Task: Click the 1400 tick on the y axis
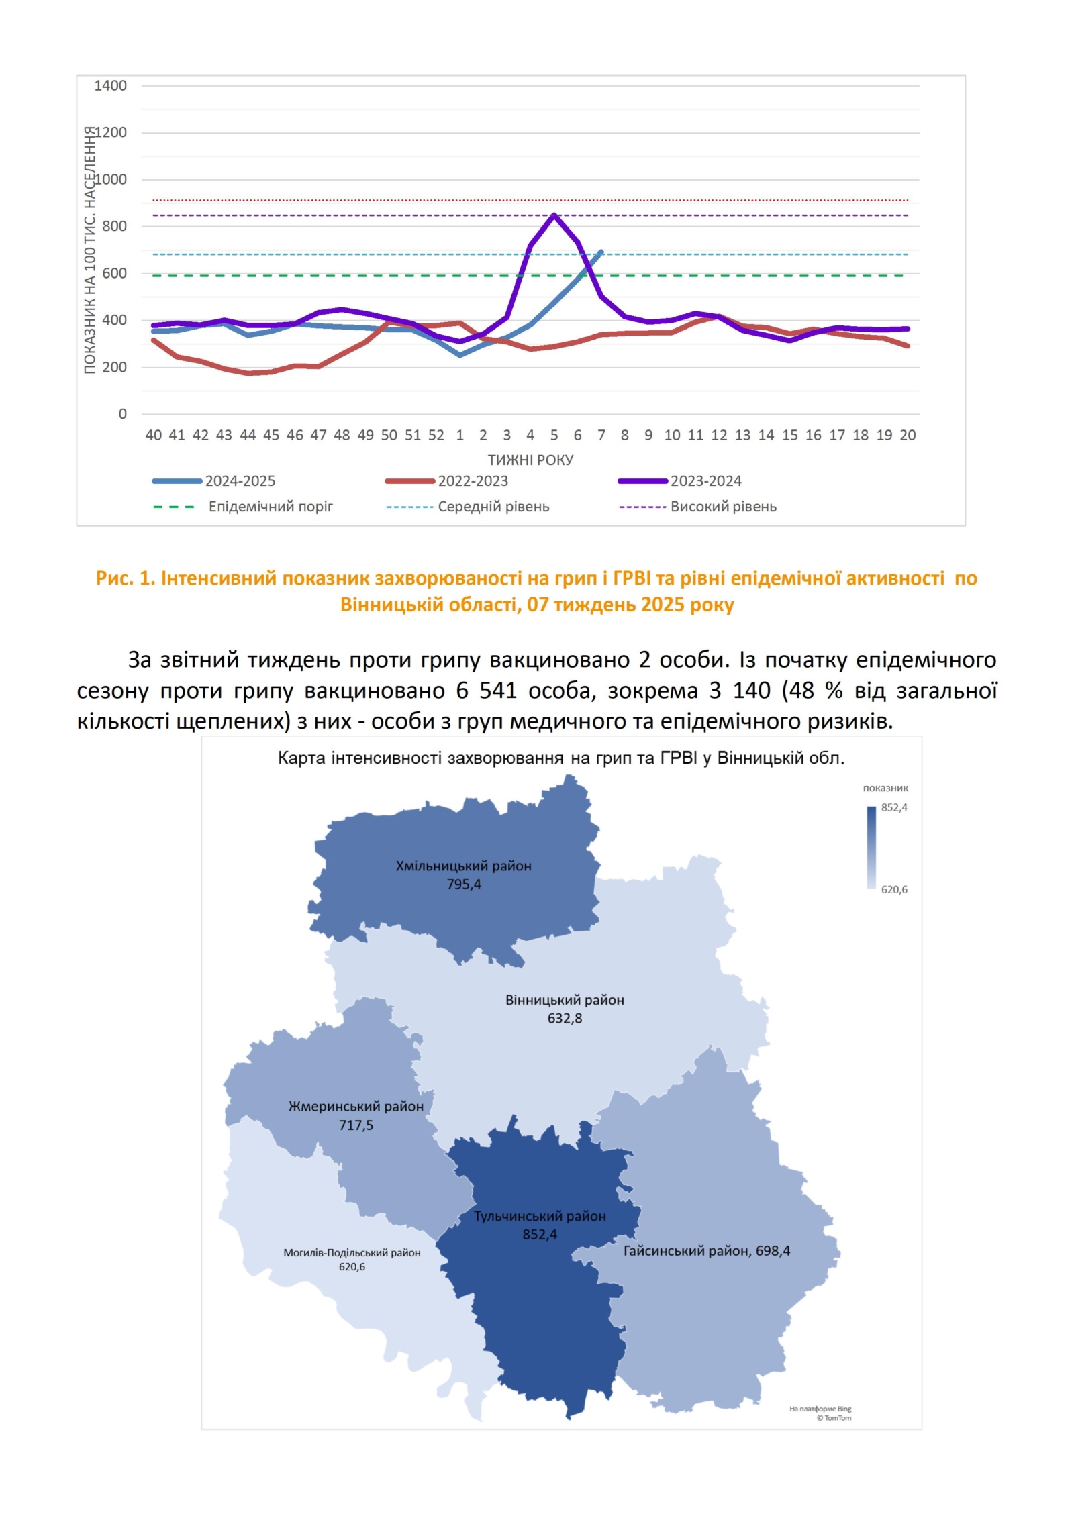[x=110, y=86]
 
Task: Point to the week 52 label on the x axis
[x=436, y=435]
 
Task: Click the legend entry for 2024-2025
[x=240, y=481]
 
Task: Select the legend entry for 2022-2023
[x=473, y=481]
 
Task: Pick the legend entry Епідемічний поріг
[x=270, y=507]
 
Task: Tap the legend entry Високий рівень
[x=723, y=507]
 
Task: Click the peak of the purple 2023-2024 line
[x=554, y=215]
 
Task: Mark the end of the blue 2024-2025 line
[x=601, y=252]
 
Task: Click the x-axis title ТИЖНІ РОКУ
[x=530, y=460]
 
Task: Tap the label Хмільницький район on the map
[x=463, y=866]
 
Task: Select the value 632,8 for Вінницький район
[x=565, y=1018]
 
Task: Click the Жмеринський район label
[x=356, y=1106]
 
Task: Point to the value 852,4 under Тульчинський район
[x=540, y=1234]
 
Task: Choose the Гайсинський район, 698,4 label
[x=706, y=1250]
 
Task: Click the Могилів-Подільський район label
[x=352, y=1252]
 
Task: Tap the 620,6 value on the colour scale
[x=894, y=889]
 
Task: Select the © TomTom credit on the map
[x=834, y=1417]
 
